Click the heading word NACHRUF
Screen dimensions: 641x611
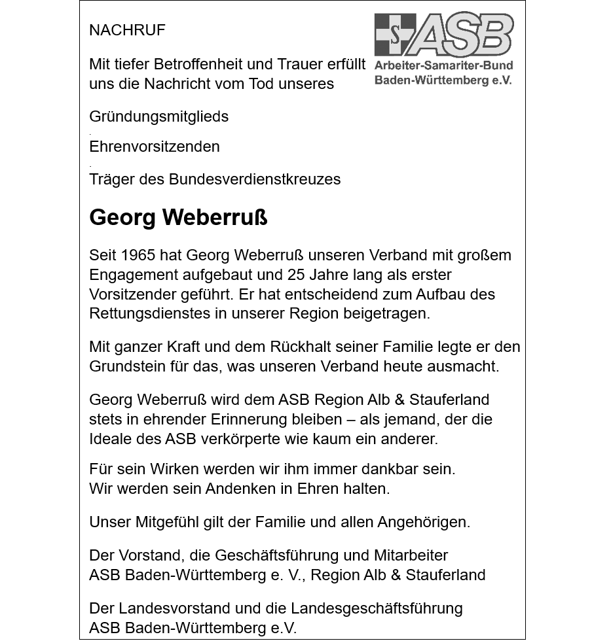[x=127, y=30]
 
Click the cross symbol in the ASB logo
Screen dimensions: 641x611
[x=395, y=35]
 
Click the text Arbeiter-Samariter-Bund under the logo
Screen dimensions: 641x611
[x=443, y=65]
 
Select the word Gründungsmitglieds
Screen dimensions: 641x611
[x=158, y=117]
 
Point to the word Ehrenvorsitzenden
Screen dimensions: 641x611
[x=154, y=147]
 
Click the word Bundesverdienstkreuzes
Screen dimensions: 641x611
[x=255, y=179]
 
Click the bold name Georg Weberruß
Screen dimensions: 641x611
[x=178, y=217]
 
